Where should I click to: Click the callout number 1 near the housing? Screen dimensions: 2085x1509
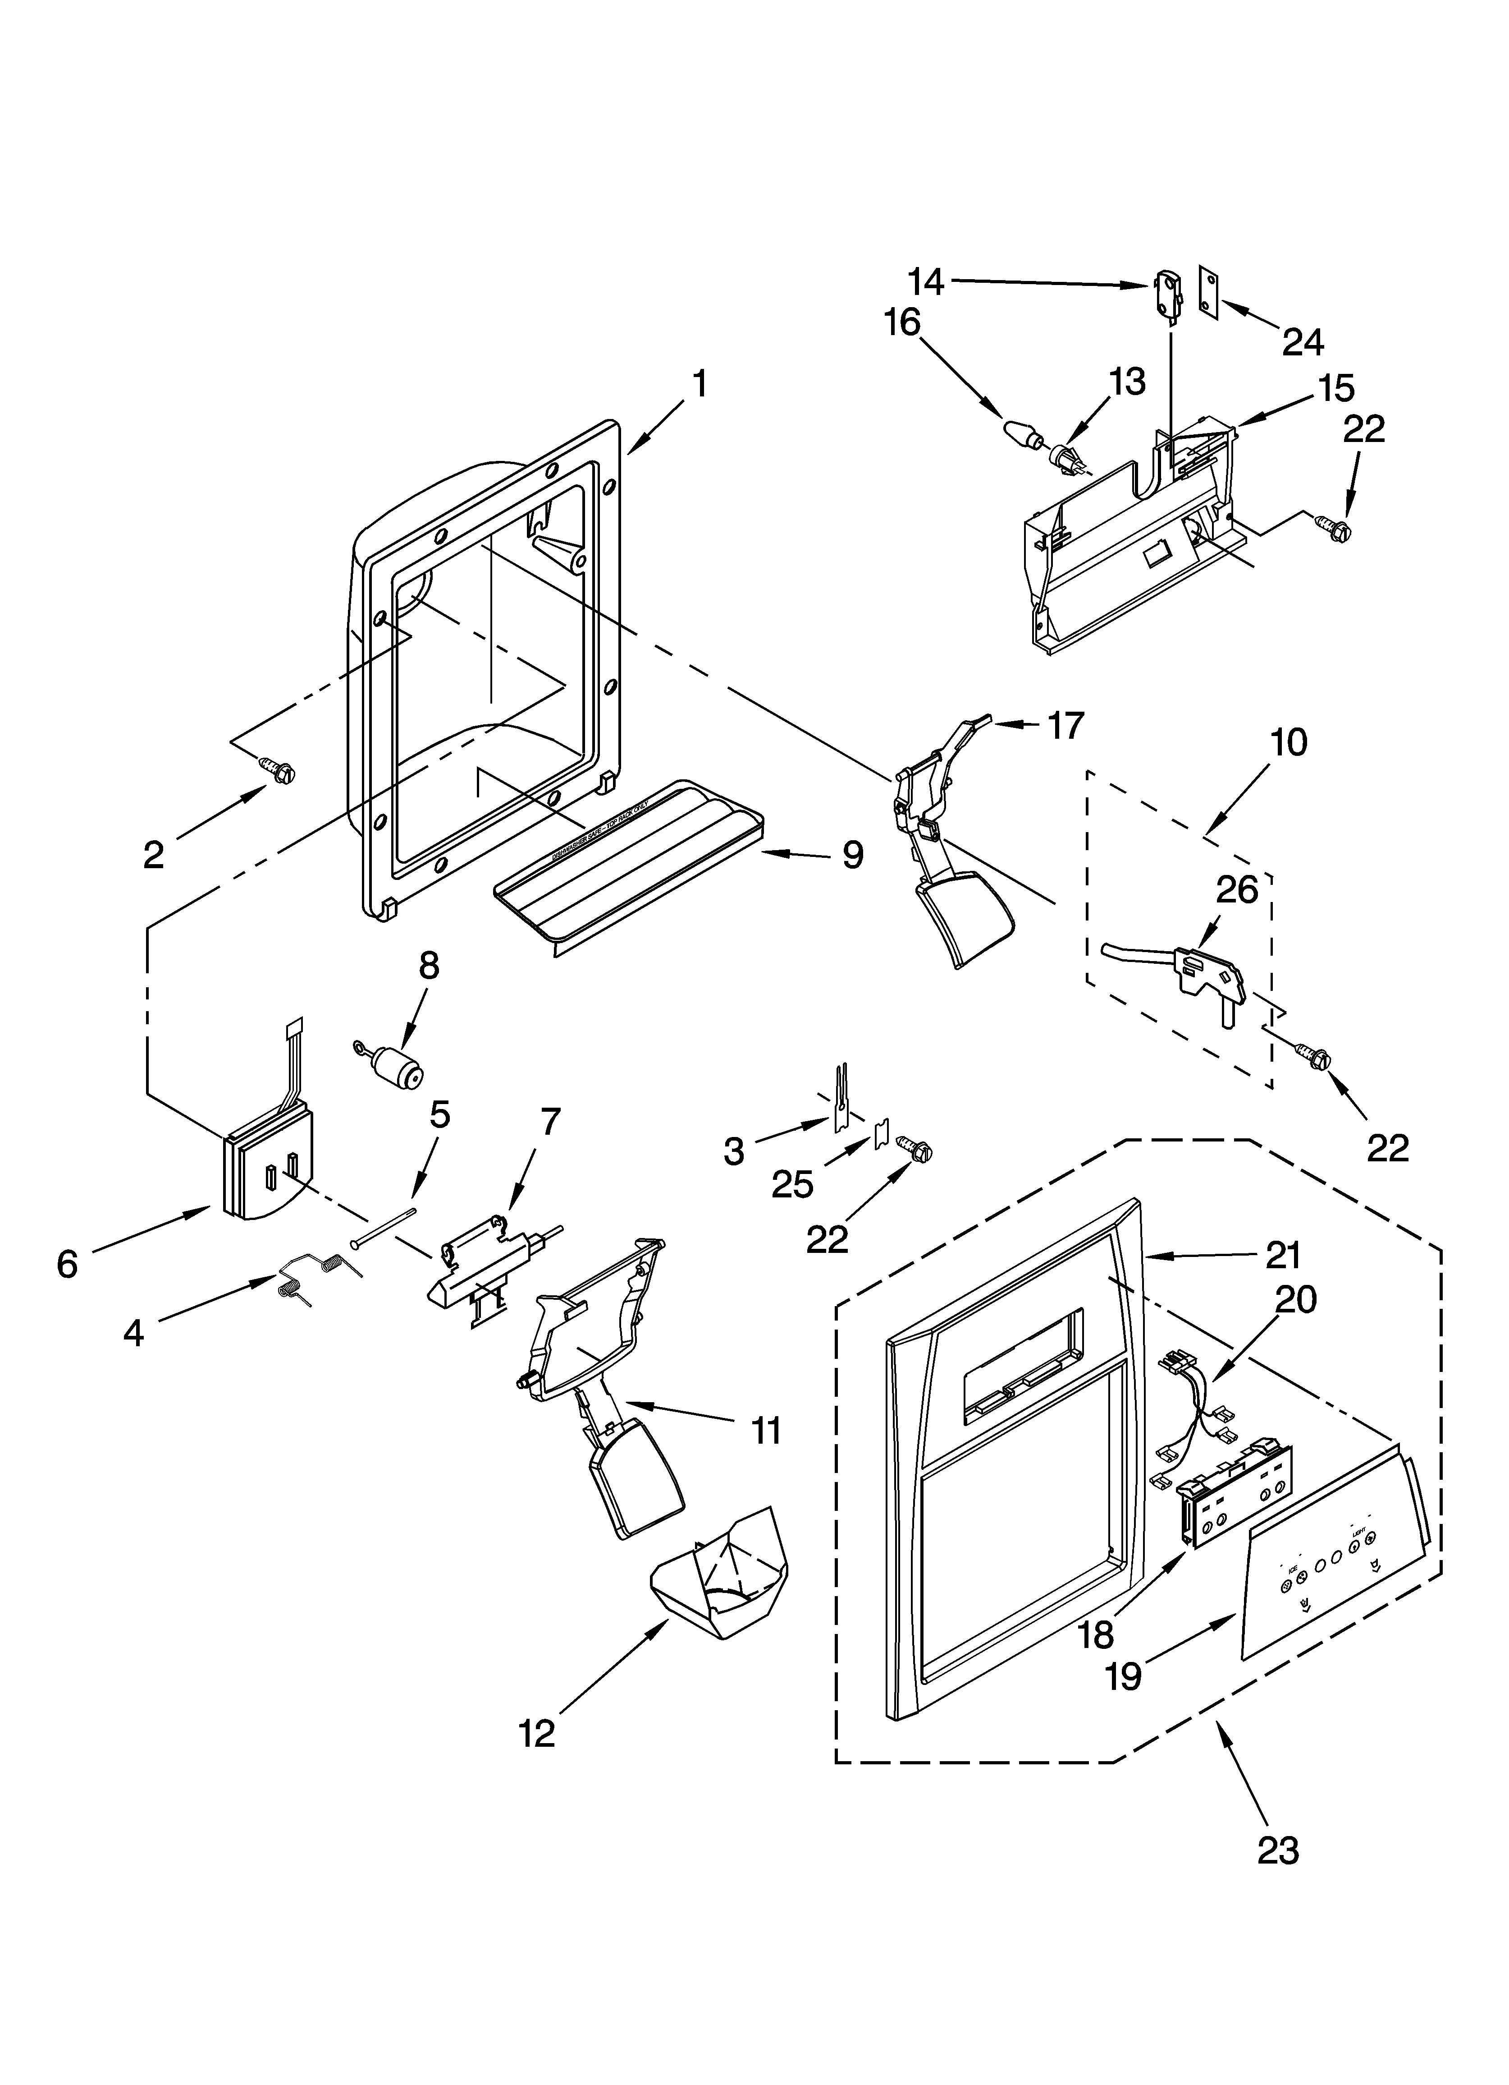pyautogui.click(x=700, y=384)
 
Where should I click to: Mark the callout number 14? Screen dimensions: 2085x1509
pyautogui.click(x=926, y=281)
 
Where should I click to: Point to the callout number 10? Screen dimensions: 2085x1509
pyautogui.click(x=1290, y=742)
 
